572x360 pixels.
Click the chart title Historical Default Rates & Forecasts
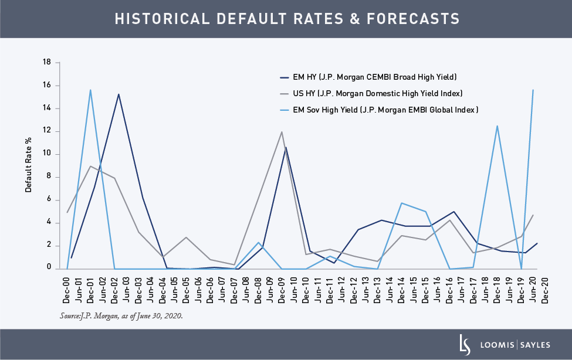point(286,19)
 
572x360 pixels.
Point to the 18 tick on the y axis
point(48,62)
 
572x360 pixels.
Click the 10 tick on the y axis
point(48,154)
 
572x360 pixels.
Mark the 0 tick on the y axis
point(50,269)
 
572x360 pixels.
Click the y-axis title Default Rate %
point(28,165)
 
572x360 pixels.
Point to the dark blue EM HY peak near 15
point(119,94)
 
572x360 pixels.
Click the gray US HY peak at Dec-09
point(282,132)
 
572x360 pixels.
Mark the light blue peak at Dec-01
point(90,90)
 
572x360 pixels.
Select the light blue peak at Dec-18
point(497,125)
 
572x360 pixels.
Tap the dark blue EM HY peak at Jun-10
point(286,147)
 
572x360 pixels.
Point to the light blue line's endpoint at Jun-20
point(533,90)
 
